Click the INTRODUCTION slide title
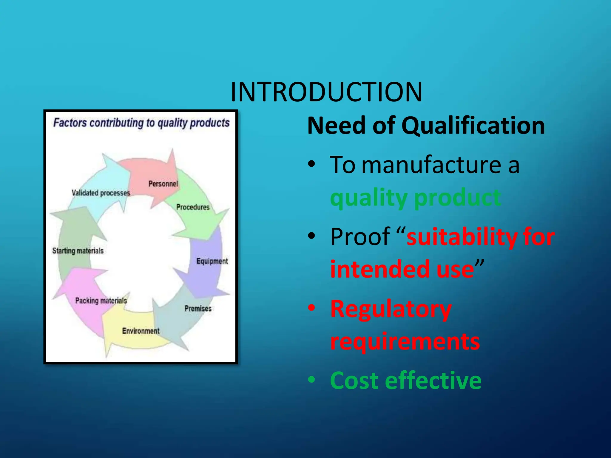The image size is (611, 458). [x=326, y=92]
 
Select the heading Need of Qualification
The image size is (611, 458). [x=426, y=126]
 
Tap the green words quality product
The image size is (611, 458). [x=415, y=198]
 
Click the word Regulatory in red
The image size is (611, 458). [x=391, y=310]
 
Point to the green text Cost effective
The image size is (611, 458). [x=406, y=381]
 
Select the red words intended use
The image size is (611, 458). [x=402, y=269]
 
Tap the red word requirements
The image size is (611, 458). [x=405, y=342]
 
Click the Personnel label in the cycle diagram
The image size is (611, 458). [x=163, y=184]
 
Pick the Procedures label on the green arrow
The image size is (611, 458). [x=193, y=207]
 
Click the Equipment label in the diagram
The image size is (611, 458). [x=212, y=261]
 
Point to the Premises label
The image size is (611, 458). [x=198, y=308]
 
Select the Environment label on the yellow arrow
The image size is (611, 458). [x=141, y=331]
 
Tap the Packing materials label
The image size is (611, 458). [x=101, y=301]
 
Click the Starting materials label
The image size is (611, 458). [x=78, y=251]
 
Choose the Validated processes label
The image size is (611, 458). [x=101, y=193]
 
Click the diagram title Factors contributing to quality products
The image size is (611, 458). [x=141, y=123]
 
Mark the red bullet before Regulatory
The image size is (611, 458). [x=311, y=308]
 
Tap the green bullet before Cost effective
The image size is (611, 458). [x=311, y=380]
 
